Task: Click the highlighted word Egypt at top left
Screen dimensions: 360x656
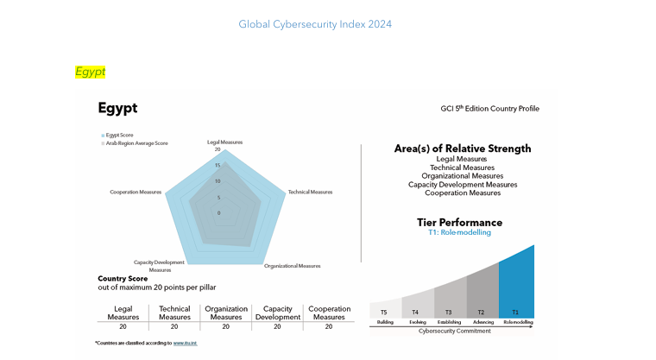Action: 90,72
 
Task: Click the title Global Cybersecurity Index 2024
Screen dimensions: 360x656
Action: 315,24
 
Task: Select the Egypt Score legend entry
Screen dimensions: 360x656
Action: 119,136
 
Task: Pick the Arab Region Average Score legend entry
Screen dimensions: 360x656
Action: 135,143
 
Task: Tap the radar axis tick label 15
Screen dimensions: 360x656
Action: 218,165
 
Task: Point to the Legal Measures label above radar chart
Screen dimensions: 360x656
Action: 224,142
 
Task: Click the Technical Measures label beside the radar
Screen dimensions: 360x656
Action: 310,192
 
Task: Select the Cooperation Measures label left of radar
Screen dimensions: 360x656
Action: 136,192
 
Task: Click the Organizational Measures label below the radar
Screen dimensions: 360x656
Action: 292,266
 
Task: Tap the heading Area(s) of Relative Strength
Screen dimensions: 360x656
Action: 463,148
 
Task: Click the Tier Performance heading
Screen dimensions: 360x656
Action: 459,223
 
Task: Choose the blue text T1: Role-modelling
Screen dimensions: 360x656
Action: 459,233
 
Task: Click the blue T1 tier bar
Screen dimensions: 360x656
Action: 516,285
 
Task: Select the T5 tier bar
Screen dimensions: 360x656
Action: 384,310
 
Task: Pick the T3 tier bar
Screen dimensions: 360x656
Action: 449,300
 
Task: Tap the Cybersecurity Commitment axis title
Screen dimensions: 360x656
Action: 453,331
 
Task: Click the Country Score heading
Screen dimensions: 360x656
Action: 125,278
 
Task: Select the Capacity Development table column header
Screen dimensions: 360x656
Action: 276,313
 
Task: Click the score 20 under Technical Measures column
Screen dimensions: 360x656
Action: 174,327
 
